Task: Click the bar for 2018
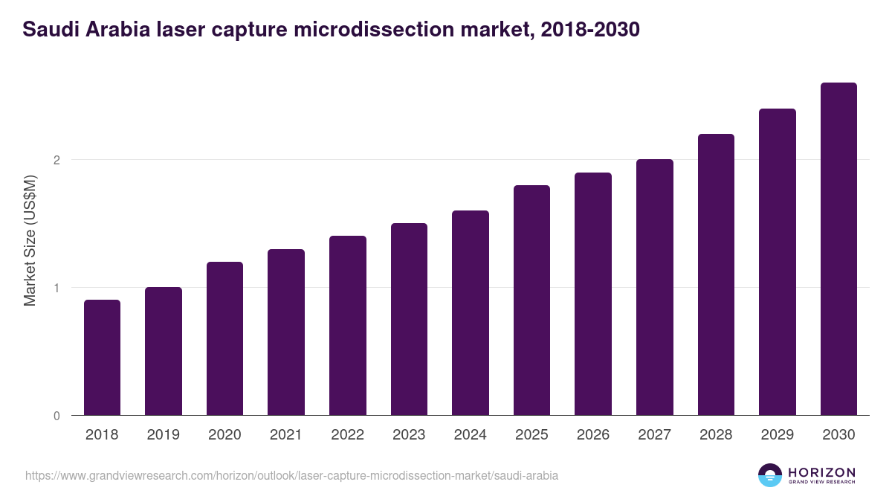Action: [x=102, y=358]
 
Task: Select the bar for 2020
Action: [x=224, y=338]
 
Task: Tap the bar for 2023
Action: [x=409, y=319]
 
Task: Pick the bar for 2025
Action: [x=531, y=300]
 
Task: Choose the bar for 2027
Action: [x=654, y=287]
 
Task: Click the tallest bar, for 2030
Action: [x=838, y=249]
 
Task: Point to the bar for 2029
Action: [x=778, y=262]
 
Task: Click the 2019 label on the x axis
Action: [x=163, y=435]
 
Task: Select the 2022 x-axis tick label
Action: [x=347, y=435]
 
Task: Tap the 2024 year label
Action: [x=470, y=435]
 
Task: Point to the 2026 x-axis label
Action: [x=592, y=435]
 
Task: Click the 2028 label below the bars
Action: [x=716, y=435]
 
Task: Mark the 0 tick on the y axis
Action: [x=56, y=416]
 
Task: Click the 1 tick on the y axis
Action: [x=56, y=288]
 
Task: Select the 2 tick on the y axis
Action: [x=56, y=160]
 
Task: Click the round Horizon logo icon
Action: [x=769, y=475]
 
